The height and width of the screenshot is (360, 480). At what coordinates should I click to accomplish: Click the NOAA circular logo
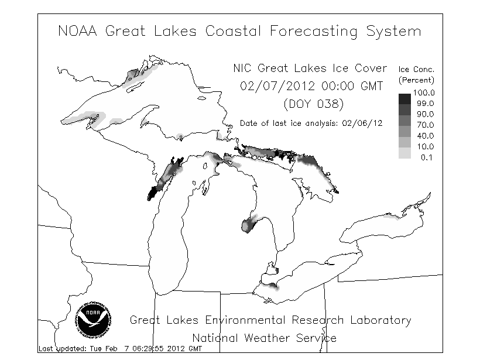point(94,320)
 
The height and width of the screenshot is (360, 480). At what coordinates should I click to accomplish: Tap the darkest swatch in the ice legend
point(404,98)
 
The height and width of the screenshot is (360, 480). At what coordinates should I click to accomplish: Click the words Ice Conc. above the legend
point(417,70)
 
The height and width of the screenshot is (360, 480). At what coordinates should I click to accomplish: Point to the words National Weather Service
point(265,338)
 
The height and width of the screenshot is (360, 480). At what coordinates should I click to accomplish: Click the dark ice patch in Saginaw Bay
point(248,224)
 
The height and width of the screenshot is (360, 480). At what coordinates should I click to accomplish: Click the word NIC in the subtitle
point(245,68)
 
